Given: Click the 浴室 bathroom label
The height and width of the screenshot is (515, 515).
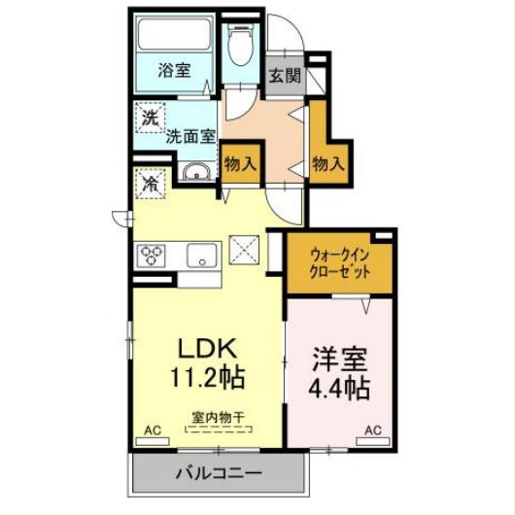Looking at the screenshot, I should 175,70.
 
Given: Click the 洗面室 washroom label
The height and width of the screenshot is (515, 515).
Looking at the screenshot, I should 189,136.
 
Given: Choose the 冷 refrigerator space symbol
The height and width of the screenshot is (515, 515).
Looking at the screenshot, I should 152,181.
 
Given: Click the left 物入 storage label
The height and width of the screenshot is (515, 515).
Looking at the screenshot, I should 239,164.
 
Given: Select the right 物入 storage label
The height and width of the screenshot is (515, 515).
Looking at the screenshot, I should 328,164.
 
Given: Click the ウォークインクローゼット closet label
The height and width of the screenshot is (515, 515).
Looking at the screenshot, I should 339,263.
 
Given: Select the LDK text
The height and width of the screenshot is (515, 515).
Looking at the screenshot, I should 207,348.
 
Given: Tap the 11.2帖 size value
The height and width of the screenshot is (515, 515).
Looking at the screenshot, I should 208,374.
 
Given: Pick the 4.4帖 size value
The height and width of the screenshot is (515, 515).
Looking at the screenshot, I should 339,387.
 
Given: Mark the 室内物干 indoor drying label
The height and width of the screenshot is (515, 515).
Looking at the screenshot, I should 220,417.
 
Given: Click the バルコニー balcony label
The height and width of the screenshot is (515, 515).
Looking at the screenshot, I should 218,475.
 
